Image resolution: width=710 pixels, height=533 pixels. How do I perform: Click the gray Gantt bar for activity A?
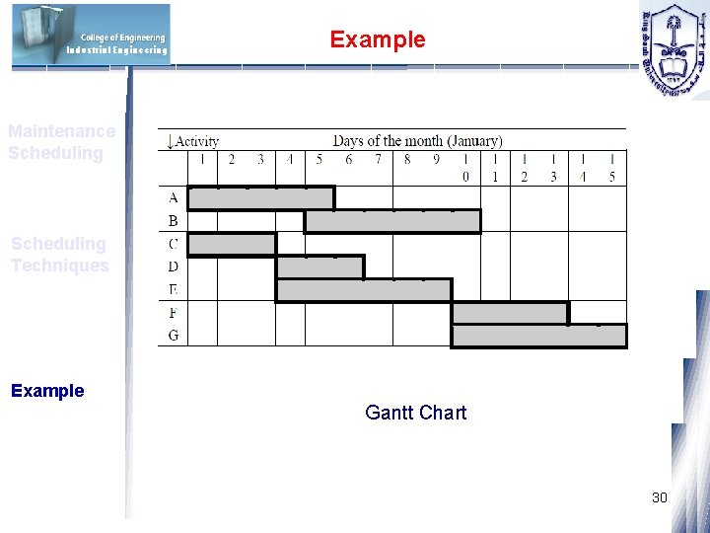(x=260, y=197)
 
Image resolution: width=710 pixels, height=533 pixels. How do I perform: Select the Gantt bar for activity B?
(x=392, y=221)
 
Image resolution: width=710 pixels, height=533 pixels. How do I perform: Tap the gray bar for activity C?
(x=232, y=244)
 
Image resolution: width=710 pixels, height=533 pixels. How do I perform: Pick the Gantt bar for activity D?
(x=319, y=266)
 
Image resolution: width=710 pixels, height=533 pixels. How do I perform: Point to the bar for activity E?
(x=363, y=290)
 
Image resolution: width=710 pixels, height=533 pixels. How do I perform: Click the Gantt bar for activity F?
(x=510, y=313)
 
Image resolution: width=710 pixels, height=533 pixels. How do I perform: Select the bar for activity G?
(x=538, y=336)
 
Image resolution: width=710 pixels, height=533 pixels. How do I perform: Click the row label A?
(x=174, y=197)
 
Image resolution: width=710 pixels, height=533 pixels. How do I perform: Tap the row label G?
(x=174, y=336)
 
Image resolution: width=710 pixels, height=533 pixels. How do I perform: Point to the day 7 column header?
(x=378, y=159)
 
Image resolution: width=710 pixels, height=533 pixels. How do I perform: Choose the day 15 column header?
(x=611, y=168)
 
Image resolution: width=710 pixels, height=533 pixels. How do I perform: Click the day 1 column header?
(x=202, y=159)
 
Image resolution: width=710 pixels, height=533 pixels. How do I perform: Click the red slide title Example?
(x=378, y=39)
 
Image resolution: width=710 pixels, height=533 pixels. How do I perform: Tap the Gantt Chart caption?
(x=415, y=413)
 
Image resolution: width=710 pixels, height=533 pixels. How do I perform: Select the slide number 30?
(x=660, y=497)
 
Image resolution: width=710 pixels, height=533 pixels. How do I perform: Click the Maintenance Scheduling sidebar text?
(x=61, y=142)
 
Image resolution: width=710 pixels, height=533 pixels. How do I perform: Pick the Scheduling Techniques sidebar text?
(x=59, y=254)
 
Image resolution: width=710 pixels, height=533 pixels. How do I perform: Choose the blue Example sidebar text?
(x=47, y=390)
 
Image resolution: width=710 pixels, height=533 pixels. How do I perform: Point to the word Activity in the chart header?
(x=197, y=141)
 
